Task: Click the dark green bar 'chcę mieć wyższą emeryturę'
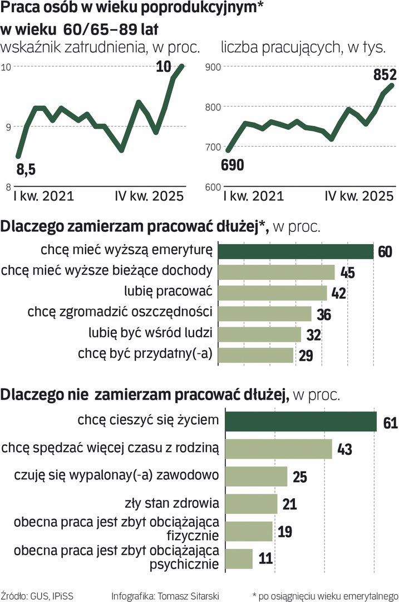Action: pos(295,251)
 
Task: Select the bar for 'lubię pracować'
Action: pos(272,293)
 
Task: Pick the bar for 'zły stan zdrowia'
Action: pos(247,504)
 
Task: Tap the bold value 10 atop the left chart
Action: pos(164,67)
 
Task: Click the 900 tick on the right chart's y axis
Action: pos(213,67)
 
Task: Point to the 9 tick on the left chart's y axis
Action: pos(8,127)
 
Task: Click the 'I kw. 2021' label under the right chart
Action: pos(253,197)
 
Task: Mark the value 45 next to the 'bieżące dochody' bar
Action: pos(347,273)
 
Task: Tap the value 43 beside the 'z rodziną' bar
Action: pos(345,449)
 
